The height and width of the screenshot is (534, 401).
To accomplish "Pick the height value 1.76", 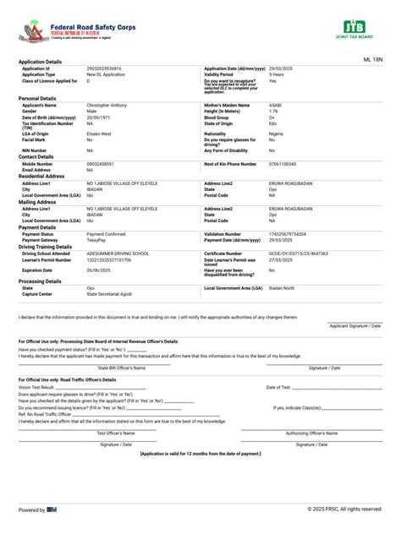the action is point(273,111).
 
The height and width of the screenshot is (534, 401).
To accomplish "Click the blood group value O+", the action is point(272,117).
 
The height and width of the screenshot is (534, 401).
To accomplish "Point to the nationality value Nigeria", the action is point(277,133).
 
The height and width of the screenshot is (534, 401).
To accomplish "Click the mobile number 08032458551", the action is point(102,163).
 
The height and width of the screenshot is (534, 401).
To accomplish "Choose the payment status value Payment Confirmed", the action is point(106,233).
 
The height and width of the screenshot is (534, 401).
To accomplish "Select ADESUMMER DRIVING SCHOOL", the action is point(118,253).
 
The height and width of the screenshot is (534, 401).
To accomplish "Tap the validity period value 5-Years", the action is point(277,74).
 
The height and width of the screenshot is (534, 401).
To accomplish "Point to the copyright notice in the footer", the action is point(344,509).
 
